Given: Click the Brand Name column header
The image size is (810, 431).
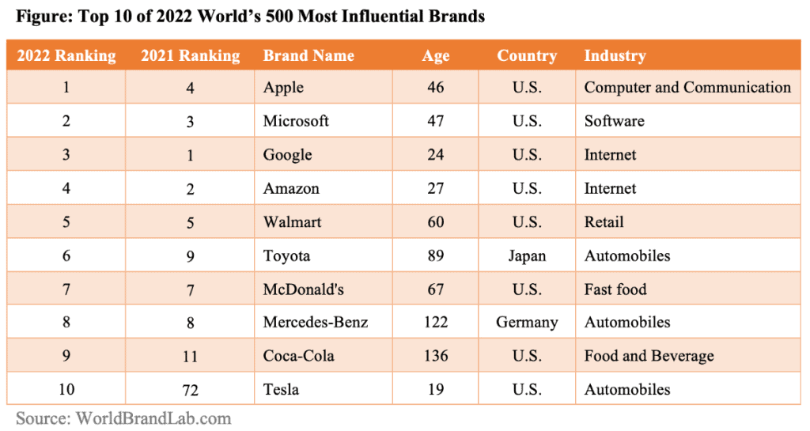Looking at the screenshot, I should click(x=308, y=55).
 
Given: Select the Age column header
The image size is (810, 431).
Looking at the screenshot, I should click(x=435, y=55).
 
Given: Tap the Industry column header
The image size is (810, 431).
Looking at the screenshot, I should click(x=615, y=55).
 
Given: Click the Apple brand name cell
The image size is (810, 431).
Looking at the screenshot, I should click(x=283, y=87).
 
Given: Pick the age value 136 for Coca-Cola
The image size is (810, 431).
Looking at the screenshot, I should click(x=435, y=356).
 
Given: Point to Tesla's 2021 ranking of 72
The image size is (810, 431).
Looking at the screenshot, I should click(x=190, y=389).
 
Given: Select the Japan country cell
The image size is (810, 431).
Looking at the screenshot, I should click(x=527, y=255).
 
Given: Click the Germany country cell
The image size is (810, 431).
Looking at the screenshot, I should click(x=527, y=322).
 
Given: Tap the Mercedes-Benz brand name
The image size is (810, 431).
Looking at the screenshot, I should click(x=316, y=322).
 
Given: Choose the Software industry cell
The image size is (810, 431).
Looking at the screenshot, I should click(x=614, y=121).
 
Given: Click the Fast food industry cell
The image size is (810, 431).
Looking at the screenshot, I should click(x=615, y=289).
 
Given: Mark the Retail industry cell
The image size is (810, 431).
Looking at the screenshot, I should click(x=604, y=222).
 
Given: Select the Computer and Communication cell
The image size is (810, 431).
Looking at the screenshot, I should click(x=687, y=87).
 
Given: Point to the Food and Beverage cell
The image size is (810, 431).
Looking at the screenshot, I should click(x=649, y=356).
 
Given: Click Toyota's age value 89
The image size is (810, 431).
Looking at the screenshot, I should click(x=435, y=255).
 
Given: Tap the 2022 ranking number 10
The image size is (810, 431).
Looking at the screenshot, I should click(x=66, y=389).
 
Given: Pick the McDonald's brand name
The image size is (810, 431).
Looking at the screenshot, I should click(x=304, y=289).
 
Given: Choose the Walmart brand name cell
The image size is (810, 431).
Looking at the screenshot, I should click(x=292, y=222).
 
